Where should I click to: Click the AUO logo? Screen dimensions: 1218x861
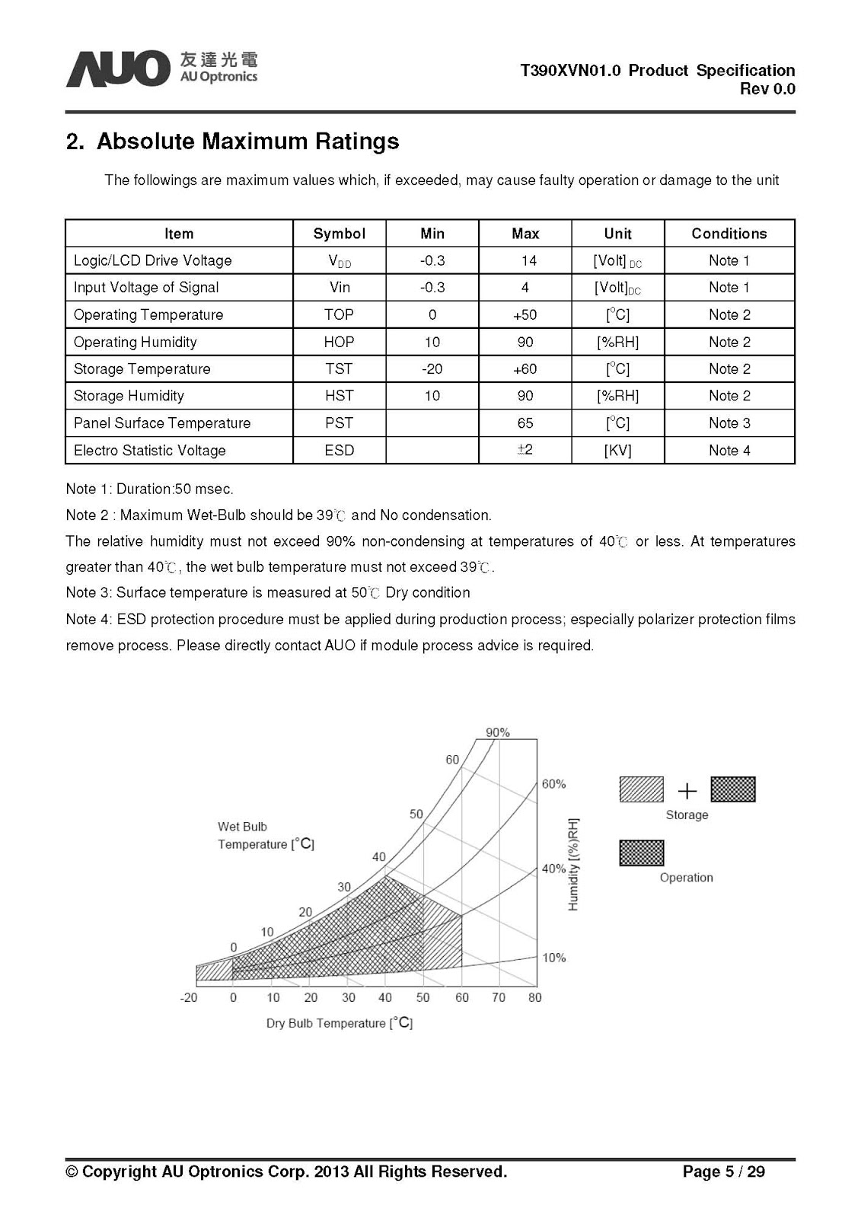117,69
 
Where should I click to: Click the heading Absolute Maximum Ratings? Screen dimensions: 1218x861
247,142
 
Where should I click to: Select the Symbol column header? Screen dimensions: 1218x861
339,234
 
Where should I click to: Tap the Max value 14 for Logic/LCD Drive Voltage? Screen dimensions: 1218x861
528,261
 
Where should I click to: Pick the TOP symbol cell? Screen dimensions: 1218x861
339,314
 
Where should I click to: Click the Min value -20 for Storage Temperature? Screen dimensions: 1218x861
432,369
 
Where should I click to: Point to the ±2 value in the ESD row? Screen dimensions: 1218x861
525,450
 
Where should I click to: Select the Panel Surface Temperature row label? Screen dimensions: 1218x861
162,423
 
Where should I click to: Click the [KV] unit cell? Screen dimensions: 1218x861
617,451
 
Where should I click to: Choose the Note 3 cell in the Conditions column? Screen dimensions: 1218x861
729,423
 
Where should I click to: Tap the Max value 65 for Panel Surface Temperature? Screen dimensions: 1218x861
525,423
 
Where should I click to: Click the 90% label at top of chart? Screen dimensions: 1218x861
497,732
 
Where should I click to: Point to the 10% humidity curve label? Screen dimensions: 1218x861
553,958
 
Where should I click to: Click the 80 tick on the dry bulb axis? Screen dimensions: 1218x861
534,997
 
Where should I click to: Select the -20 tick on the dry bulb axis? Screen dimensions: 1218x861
189,997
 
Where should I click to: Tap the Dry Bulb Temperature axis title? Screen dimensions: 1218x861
339,1023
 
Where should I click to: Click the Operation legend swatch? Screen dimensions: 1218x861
642,853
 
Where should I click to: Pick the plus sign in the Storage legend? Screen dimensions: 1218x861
687,791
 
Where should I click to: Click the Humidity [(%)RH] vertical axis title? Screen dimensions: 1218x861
574,864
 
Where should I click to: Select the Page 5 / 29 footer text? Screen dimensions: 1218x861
723,1172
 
